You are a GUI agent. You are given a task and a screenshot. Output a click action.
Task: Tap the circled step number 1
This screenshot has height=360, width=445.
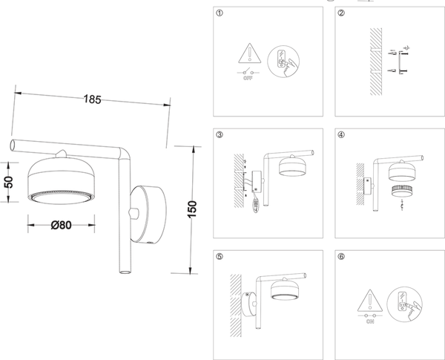(x=219, y=13)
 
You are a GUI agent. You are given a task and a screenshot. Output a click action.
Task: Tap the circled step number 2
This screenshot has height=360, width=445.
(x=341, y=13)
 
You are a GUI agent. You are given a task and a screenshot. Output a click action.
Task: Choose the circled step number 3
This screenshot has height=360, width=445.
(x=219, y=135)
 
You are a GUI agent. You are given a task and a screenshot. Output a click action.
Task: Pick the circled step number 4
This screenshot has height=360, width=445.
(x=341, y=135)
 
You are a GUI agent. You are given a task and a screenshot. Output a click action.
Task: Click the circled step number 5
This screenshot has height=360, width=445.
(x=219, y=257)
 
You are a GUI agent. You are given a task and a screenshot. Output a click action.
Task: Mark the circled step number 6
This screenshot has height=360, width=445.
(x=341, y=257)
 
